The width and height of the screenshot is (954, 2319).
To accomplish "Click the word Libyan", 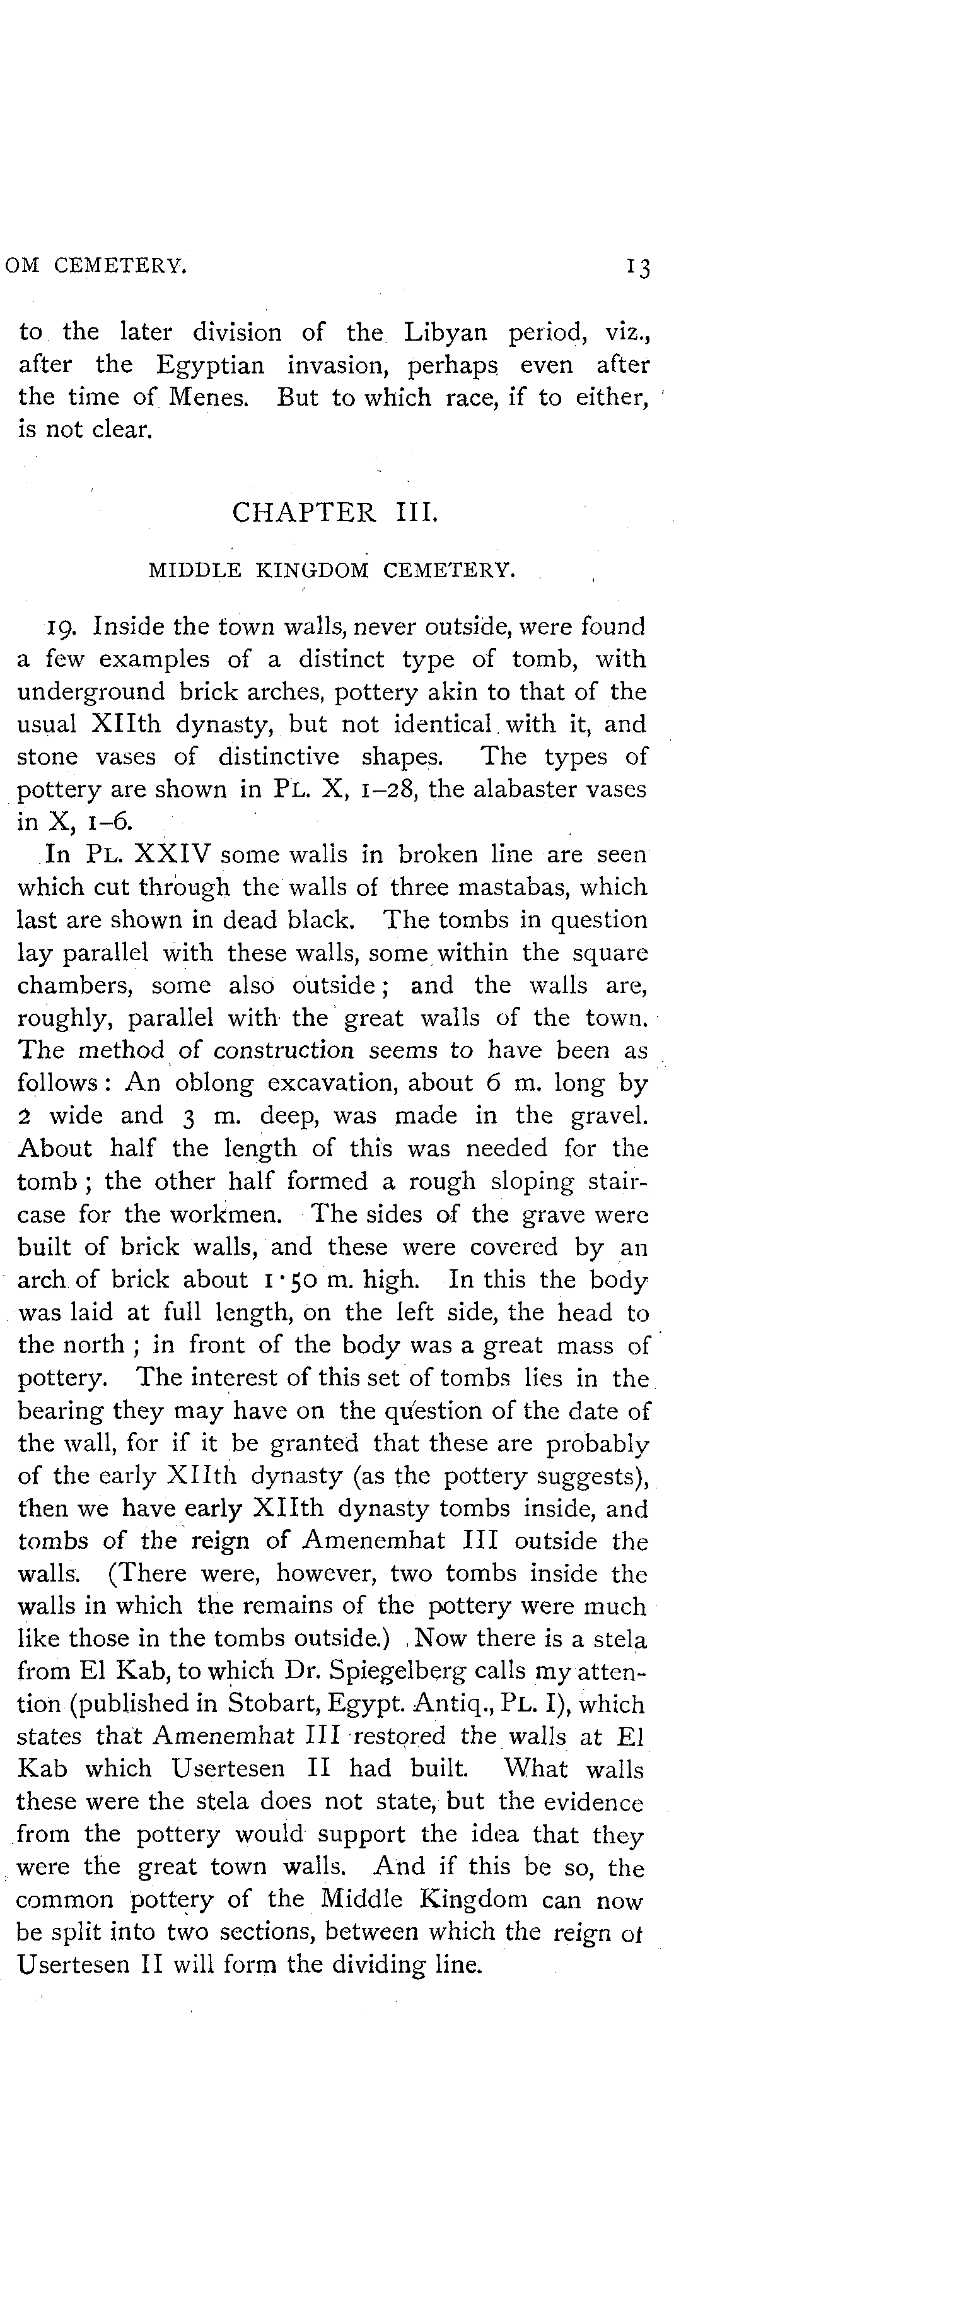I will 446,332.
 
